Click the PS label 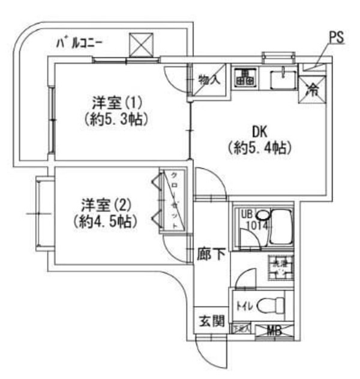click(337, 37)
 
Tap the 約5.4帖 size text click(259, 147)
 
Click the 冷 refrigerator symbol click(313, 89)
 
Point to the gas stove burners click(244, 76)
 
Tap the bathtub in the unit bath click(280, 228)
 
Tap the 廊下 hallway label click(211, 255)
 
